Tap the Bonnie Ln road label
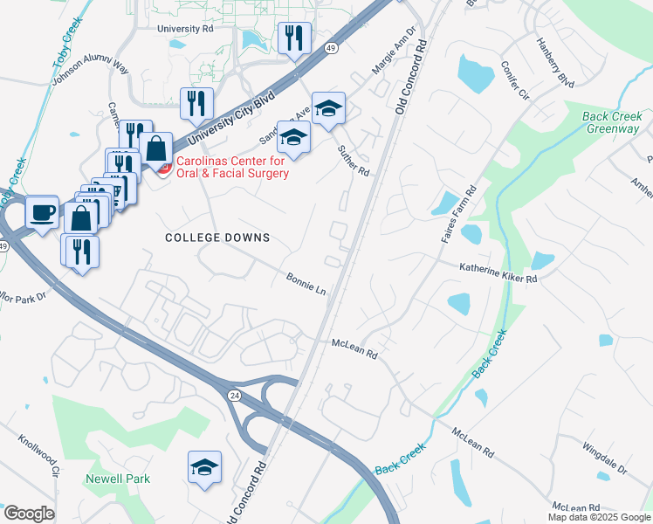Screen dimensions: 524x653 click(306, 283)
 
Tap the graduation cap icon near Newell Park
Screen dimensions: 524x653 click(204, 467)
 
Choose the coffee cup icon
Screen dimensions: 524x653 click(42, 211)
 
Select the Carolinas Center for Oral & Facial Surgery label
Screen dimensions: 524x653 click(232, 167)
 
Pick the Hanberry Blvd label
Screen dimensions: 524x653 click(555, 61)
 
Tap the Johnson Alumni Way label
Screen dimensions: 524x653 click(90, 70)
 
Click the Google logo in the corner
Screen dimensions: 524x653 click(29, 513)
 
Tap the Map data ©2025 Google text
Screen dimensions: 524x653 click(598, 517)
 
